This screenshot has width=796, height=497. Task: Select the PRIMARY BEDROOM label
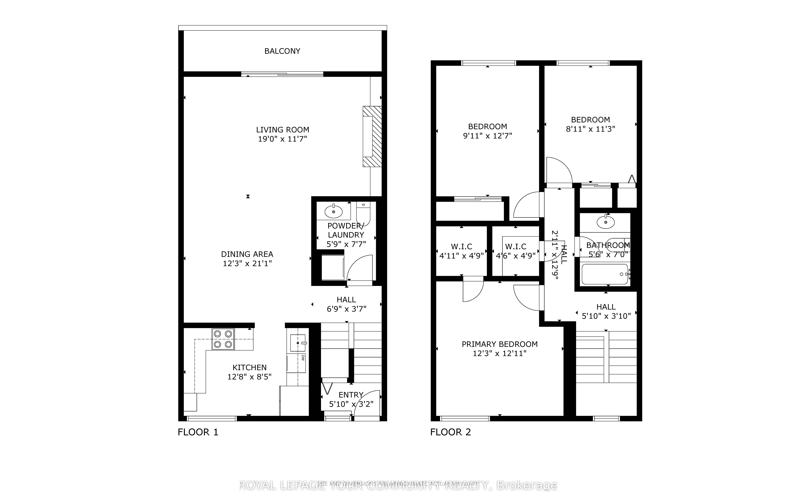coord(499,344)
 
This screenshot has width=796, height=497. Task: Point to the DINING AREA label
coord(247,254)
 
